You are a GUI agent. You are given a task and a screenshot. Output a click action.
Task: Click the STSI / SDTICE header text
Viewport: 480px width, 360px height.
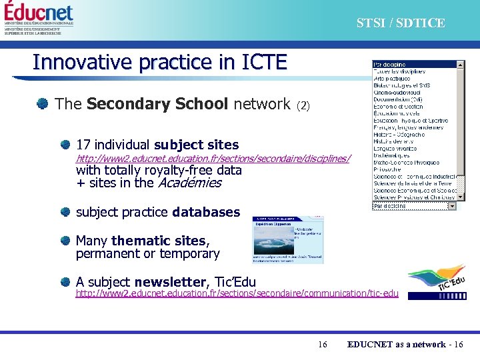pyautogui.click(x=400, y=23)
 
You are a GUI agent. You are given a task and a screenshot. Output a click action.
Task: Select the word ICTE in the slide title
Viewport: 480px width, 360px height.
pyautogui.click(x=259, y=62)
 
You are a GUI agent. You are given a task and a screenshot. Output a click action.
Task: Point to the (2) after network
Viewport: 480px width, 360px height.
pyautogui.click(x=303, y=105)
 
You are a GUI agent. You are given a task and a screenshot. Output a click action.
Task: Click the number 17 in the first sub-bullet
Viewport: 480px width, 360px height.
pyautogui.click(x=83, y=145)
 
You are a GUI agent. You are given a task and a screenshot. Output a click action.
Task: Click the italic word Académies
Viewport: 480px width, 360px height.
pyautogui.click(x=189, y=183)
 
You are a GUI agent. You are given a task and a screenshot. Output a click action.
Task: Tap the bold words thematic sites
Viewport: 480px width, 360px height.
pyautogui.click(x=160, y=241)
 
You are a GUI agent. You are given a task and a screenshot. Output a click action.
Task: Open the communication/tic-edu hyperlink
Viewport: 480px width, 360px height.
pyautogui.click(x=237, y=293)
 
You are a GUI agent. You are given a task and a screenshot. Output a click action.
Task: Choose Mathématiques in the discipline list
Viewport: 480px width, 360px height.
pyautogui.click(x=400, y=155)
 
